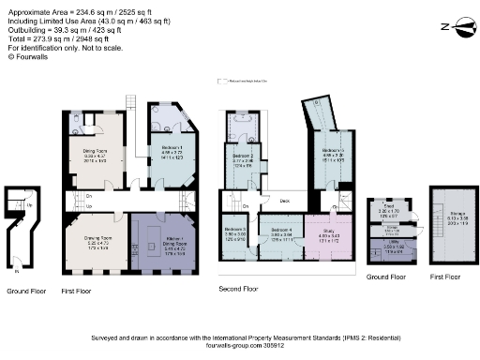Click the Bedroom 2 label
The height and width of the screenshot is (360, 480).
(x=244, y=157)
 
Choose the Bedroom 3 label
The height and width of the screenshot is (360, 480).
(x=235, y=229)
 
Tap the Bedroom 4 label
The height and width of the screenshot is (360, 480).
(x=280, y=229)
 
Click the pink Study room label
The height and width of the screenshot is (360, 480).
(x=328, y=229)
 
